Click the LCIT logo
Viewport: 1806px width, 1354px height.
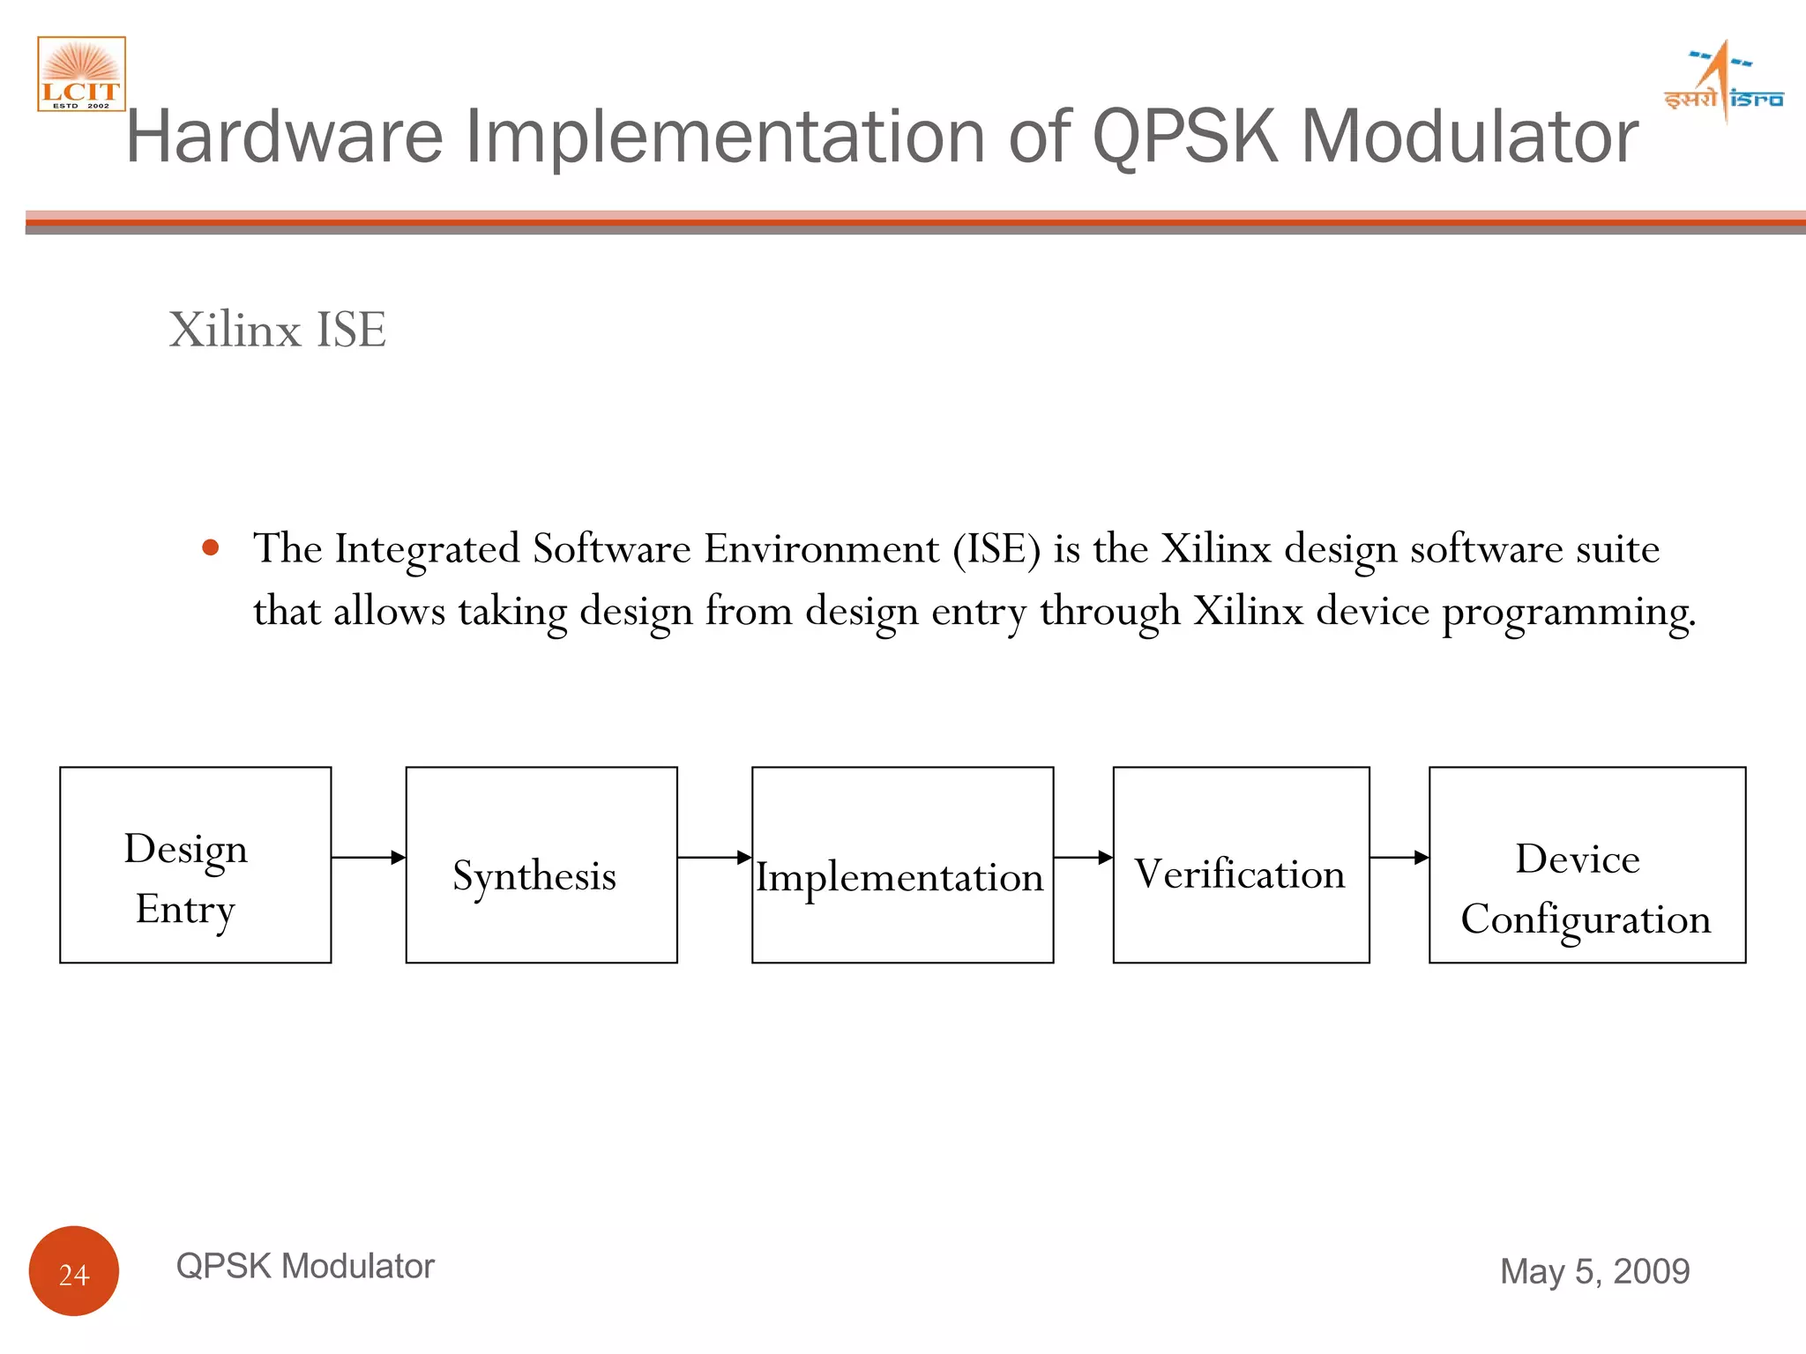(81, 74)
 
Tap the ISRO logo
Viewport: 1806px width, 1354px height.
(1723, 82)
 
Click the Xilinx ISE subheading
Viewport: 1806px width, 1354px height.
(277, 330)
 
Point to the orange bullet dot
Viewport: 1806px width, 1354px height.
(210, 547)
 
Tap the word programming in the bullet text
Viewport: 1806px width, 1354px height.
(1568, 612)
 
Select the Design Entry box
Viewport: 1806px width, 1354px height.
(195, 865)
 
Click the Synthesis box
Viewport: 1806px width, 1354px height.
(541, 865)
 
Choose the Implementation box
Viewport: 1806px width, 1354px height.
(902, 865)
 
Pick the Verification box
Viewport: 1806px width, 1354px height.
(1241, 865)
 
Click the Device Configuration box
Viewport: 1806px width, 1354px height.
(1586, 865)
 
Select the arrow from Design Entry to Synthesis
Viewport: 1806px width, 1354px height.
(368, 857)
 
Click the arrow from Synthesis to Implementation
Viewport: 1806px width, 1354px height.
(714, 857)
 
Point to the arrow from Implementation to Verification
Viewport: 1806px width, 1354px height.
(1083, 857)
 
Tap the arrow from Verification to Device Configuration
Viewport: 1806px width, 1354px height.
(1399, 857)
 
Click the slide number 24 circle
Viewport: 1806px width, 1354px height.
(74, 1271)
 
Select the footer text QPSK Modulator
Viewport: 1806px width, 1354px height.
(305, 1266)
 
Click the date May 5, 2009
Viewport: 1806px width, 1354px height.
(1594, 1271)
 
